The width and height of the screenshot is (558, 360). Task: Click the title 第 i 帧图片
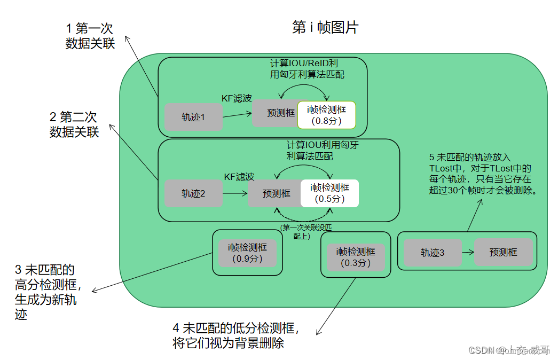(325, 28)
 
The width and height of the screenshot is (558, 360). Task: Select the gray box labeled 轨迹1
(193, 117)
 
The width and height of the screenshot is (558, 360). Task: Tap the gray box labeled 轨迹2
(193, 193)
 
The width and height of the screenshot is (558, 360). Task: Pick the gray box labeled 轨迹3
(432, 253)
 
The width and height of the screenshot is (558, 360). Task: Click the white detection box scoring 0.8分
(326, 114)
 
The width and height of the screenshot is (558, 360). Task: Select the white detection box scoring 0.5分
(329, 193)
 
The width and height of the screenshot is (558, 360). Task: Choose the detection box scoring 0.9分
(248, 253)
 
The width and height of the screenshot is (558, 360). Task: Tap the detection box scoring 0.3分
(355, 257)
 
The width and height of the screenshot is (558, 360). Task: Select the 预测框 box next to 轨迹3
(503, 252)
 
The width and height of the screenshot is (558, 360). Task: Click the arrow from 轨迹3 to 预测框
(468, 252)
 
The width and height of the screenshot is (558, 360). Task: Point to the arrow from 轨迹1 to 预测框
(237, 114)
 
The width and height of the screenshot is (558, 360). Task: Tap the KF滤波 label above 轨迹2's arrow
(239, 177)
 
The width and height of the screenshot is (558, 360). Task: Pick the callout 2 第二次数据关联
(74, 124)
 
